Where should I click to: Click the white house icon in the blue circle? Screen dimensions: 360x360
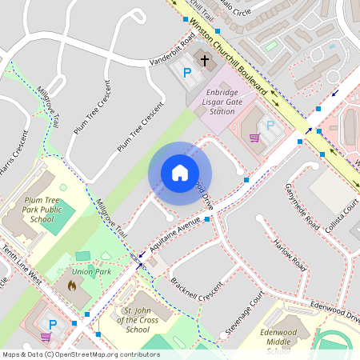coord(180,173)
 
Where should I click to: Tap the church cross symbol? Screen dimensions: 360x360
coord(204,60)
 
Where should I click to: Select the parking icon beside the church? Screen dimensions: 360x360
coord(187,74)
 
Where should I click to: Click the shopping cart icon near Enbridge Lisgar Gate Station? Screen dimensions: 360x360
coord(254,137)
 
